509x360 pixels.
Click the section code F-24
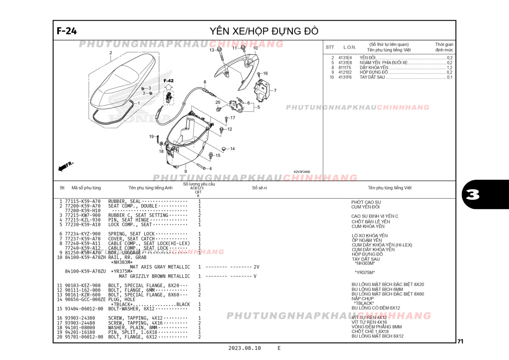[67, 31]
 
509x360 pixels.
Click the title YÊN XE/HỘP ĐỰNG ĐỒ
[264, 31]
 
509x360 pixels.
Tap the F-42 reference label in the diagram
[169, 81]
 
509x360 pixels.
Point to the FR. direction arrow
[66, 166]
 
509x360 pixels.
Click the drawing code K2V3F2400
[301, 172]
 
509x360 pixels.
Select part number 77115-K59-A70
[83, 201]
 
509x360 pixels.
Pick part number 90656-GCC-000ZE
[85, 299]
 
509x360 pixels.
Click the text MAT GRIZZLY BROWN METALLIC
[154, 276]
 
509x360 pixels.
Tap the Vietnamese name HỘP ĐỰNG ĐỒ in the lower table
[367, 254]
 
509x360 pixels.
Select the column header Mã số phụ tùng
[86, 188]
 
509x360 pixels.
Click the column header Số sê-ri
[259, 188]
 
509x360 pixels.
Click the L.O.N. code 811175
[345, 67]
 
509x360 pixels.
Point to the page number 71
[460, 341]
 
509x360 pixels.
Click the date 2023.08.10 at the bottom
[245, 348]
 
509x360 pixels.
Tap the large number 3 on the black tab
[473, 194]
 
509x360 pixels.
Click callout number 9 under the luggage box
[186, 171]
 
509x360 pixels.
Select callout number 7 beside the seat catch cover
[275, 90]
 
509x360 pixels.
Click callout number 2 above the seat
[111, 53]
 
